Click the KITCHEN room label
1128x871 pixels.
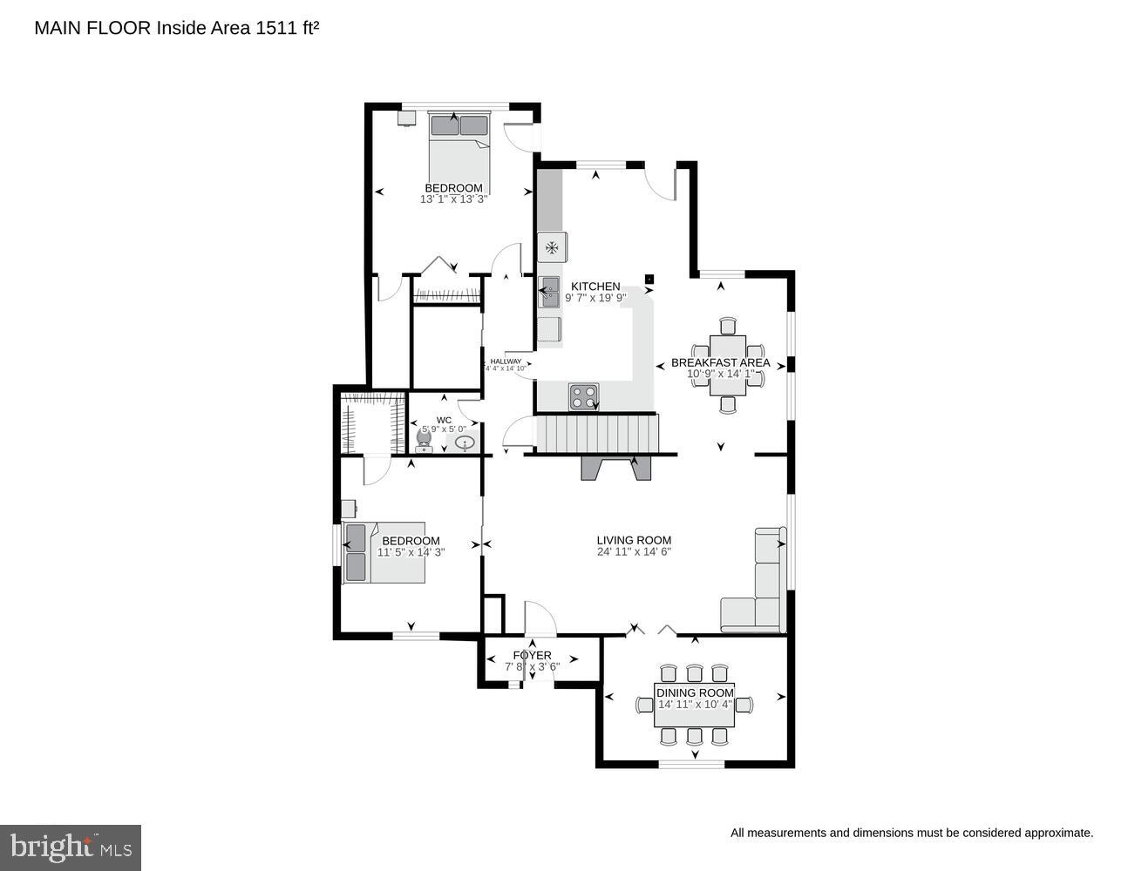coord(595,287)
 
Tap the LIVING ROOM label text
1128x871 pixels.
coord(634,540)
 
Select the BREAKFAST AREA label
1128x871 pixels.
coord(720,362)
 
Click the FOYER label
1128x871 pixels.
coord(532,655)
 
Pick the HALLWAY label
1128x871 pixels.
coord(506,361)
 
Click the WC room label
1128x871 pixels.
coord(444,420)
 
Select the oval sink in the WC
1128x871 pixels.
coord(465,443)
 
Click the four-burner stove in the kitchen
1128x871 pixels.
coord(584,396)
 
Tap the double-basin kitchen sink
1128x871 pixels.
coord(549,292)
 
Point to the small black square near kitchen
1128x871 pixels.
coord(649,279)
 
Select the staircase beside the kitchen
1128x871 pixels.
coord(597,433)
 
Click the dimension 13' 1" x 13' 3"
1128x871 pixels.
coord(453,199)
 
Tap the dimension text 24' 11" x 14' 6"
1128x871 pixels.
coord(634,551)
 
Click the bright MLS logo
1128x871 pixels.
coord(71,847)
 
